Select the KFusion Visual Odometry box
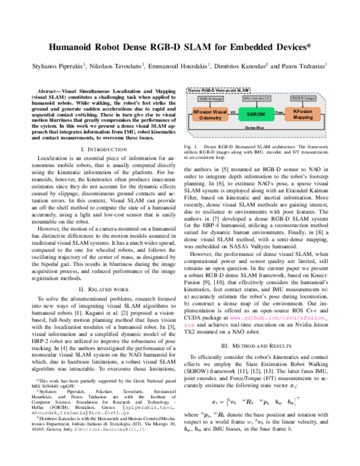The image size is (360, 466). click(x=211, y=114)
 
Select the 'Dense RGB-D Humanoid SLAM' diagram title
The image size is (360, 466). click(x=218, y=89)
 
